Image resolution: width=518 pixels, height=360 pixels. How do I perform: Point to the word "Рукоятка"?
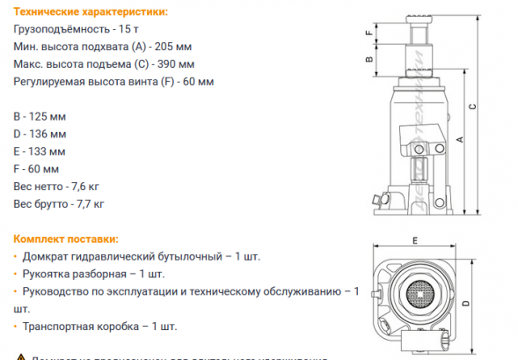pyautogui.click(x=47, y=273)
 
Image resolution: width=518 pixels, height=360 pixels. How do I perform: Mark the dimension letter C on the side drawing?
pyautogui.click(x=473, y=107)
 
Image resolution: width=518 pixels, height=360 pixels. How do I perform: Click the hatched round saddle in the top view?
pyautogui.click(x=420, y=293)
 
